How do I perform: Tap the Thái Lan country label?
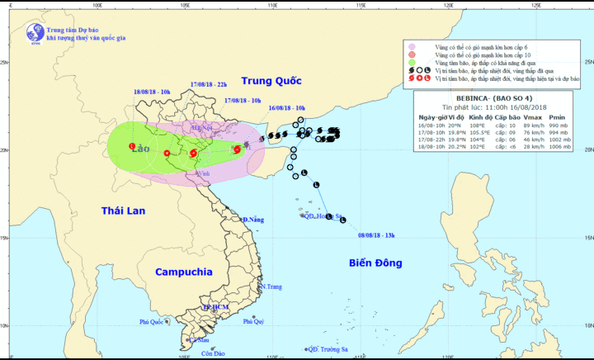123,211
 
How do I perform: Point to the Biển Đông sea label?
374,263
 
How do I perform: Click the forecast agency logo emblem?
35,32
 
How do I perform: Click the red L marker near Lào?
132,146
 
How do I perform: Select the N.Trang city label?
271,287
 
